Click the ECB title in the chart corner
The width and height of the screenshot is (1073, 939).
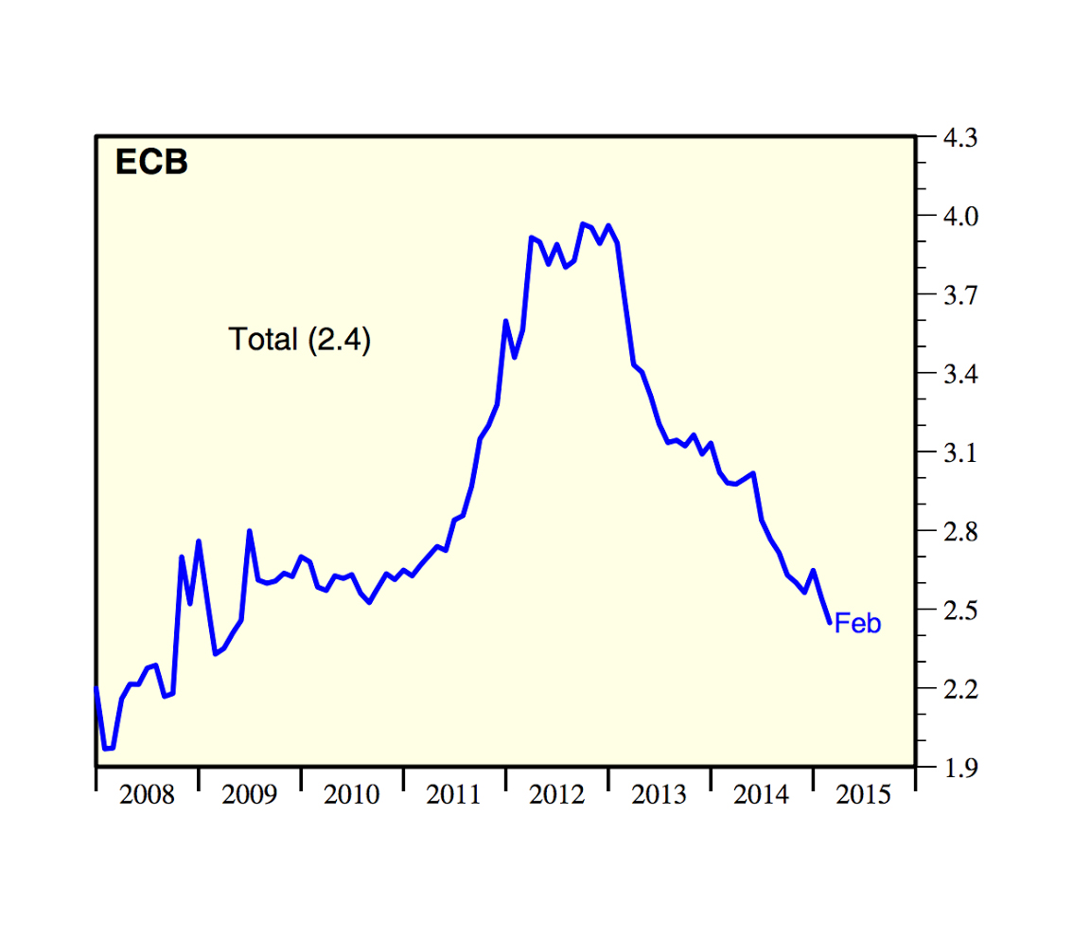point(151,163)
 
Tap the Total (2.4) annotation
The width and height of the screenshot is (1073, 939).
point(299,339)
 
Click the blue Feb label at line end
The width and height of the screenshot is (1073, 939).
point(857,624)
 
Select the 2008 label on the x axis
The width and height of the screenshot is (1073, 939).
point(147,795)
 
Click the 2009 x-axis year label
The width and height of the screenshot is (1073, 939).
point(249,795)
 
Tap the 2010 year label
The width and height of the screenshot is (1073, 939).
point(351,795)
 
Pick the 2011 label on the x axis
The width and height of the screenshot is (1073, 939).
point(454,795)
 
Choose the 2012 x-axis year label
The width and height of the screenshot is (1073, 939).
point(556,795)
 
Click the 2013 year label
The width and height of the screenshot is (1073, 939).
point(659,795)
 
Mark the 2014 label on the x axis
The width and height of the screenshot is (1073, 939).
point(761,795)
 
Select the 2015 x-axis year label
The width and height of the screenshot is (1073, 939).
point(864,795)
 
